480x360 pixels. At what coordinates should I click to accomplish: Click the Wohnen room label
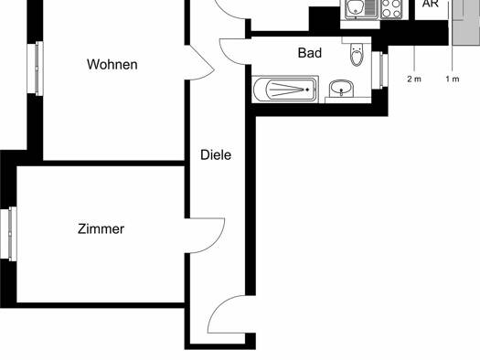tap(112, 65)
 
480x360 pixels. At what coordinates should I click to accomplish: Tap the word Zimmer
tap(101, 228)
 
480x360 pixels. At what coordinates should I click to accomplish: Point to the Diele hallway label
tap(216, 155)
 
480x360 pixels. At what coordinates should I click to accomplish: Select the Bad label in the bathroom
tap(310, 53)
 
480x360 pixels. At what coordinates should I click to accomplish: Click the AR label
tap(431, 4)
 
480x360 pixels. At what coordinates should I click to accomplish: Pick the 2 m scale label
tap(414, 79)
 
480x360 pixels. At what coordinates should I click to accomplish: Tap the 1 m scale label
tap(453, 79)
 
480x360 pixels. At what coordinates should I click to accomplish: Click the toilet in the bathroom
tap(357, 55)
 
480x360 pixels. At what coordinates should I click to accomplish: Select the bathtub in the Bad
tap(285, 90)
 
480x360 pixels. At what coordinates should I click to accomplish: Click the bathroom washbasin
tap(341, 89)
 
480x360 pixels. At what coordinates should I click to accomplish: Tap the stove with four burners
tap(391, 9)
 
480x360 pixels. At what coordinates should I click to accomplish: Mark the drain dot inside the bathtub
tap(307, 90)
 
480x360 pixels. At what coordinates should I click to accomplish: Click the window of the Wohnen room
tap(36, 69)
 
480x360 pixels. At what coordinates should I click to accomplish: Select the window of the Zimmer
tap(8, 234)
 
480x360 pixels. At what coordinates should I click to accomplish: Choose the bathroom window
tap(380, 70)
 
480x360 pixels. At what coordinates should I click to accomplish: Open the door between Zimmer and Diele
tap(205, 236)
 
